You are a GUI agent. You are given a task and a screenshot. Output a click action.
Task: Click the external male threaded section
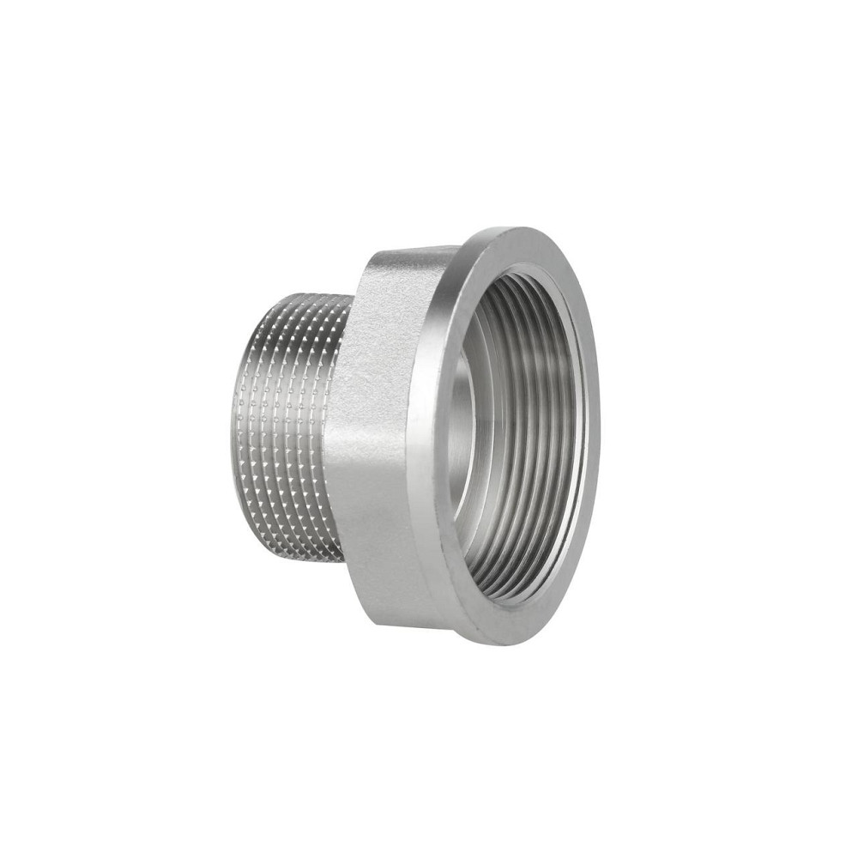click(287, 420)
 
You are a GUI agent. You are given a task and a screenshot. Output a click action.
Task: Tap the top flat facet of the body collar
click(403, 257)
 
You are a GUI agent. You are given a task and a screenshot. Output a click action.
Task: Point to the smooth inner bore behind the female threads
click(463, 429)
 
